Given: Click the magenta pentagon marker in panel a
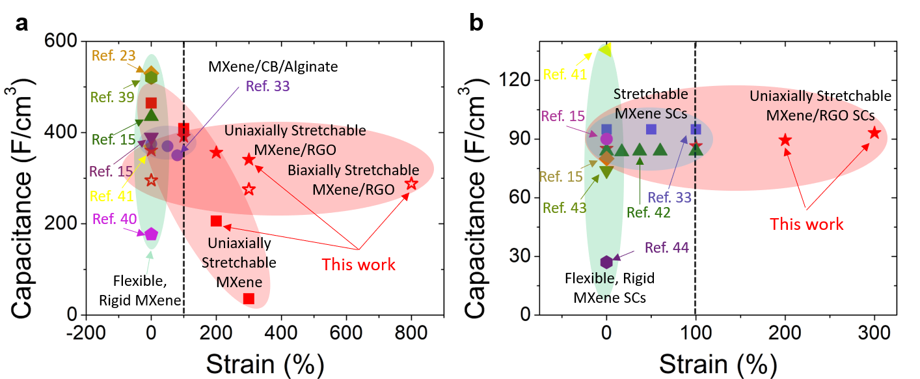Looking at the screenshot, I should pyautogui.click(x=151, y=234).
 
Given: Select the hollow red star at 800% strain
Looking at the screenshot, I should pyautogui.click(x=411, y=184).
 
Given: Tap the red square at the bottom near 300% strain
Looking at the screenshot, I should pyautogui.click(x=249, y=299).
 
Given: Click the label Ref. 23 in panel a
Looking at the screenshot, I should pyautogui.click(x=115, y=57).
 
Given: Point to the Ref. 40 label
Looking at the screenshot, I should pyautogui.click(x=115, y=218).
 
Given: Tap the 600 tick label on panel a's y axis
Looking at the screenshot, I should pyautogui.click(x=62, y=41).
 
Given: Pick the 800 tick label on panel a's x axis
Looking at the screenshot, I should pyautogui.click(x=411, y=331).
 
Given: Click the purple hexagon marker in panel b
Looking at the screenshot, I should pyautogui.click(x=606, y=262).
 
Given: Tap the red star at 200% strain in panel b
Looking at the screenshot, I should pyautogui.click(x=785, y=140).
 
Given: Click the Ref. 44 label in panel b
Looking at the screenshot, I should pyautogui.click(x=667, y=247).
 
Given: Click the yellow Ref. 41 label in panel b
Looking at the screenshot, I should pyautogui.click(x=564, y=74).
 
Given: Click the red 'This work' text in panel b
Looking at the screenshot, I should pyautogui.click(x=806, y=224).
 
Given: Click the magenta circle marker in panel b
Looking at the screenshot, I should pyautogui.click(x=606, y=138).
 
